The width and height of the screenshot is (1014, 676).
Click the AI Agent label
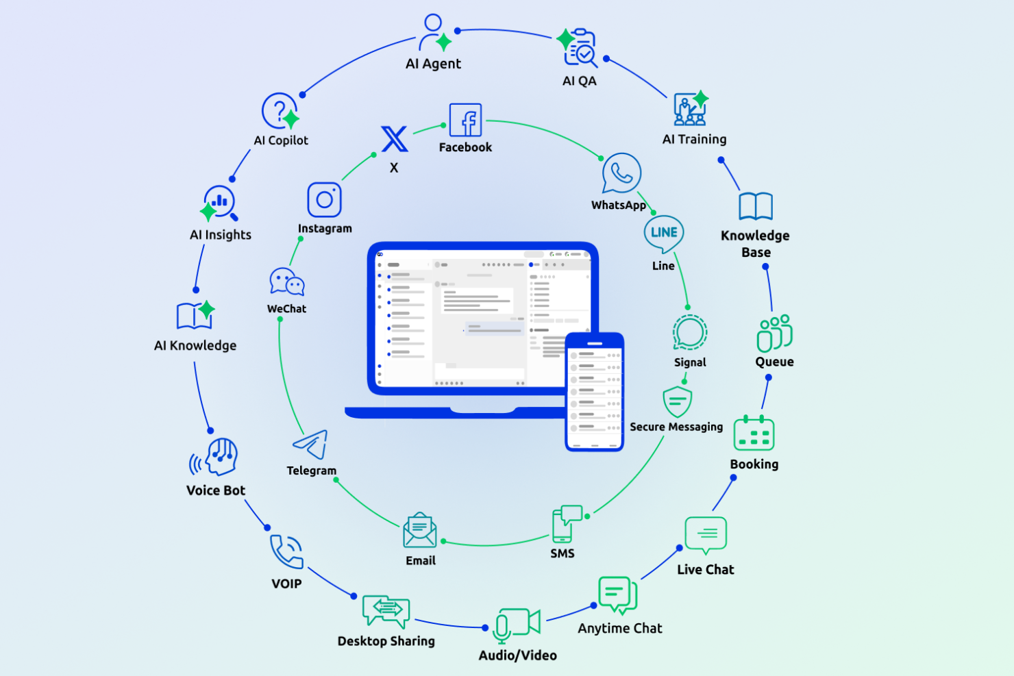(433, 64)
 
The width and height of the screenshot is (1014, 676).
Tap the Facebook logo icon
(466, 121)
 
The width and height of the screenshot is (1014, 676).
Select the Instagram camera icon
(325, 199)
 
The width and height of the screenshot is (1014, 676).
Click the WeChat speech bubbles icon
(286, 281)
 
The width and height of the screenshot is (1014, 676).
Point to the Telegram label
(311, 471)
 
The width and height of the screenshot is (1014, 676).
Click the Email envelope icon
(420, 531)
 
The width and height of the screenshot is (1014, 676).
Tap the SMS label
(562, 553)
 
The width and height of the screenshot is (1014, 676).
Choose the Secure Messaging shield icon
(677, 401)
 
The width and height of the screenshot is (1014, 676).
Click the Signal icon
(689, 333)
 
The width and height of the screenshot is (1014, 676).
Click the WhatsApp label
(619, 205)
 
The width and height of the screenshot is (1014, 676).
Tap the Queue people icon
(774, 334)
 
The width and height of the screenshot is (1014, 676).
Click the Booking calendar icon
(754, 434)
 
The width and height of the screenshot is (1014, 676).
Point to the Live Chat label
(706, 570)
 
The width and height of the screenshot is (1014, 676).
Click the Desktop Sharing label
(386, 641)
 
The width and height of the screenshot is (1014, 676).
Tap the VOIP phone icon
(286, 551)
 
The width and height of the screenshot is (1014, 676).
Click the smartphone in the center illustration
(594, 392)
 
